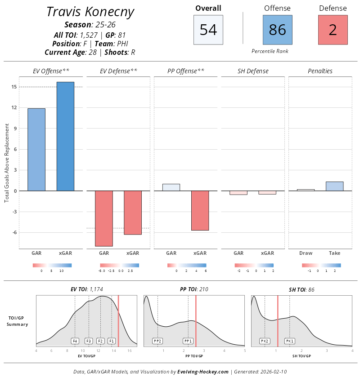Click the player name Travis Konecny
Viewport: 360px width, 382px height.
click(90, 12)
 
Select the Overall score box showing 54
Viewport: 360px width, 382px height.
click(208, 30)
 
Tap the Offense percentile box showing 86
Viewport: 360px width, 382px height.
click(277, 30)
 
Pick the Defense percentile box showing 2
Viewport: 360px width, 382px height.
click(333, 30)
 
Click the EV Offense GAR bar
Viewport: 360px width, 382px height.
click(36, 150)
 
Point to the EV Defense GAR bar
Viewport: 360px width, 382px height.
click(103, 218)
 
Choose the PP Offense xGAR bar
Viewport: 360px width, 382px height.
click(200, 210)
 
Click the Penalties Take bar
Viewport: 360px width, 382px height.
click(334, 186)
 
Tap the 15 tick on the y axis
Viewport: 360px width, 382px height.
click(14, 87)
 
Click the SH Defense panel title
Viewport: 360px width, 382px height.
click(253, 71)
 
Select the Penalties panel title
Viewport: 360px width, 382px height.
click(320, 71)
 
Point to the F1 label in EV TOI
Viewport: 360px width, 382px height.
click(112, 341)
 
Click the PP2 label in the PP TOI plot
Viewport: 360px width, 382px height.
click(157, 341)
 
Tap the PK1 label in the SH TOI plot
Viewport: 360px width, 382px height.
click(289, 341)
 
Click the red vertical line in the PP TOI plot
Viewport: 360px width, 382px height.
click(196, 321)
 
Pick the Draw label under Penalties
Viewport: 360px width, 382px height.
click(306, 253)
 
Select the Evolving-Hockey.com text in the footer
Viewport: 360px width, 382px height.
click(203, 372)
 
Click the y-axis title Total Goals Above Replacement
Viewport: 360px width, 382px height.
click(7, 164)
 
